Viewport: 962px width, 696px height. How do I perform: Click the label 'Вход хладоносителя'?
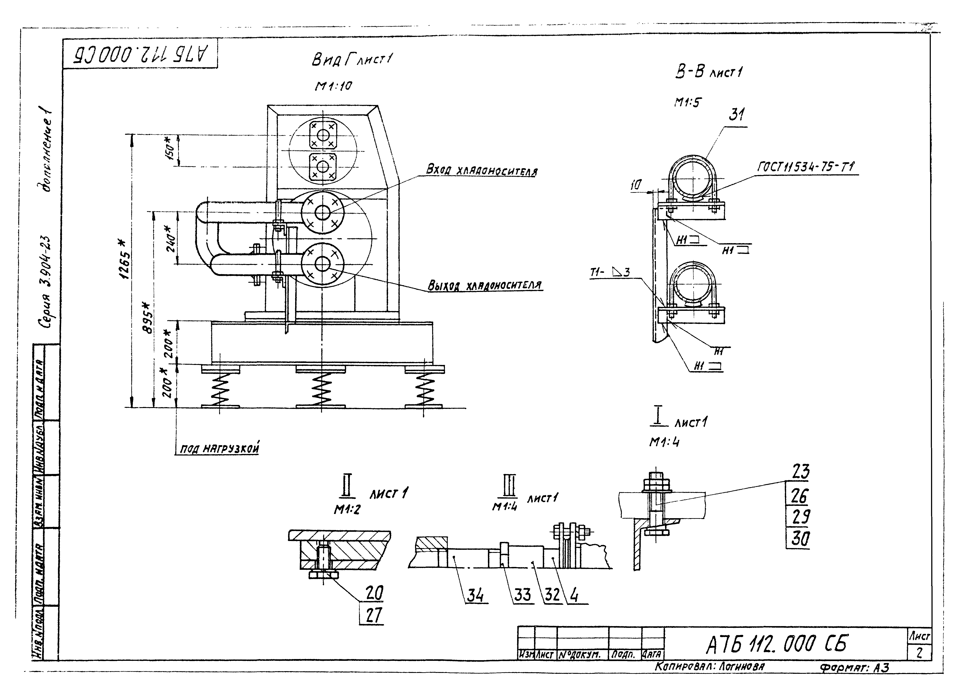(481, 171)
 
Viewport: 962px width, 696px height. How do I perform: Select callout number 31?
(737, 115)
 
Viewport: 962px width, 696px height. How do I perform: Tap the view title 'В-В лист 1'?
(708, 72)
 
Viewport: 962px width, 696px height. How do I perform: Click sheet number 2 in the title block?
(919, 653)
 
